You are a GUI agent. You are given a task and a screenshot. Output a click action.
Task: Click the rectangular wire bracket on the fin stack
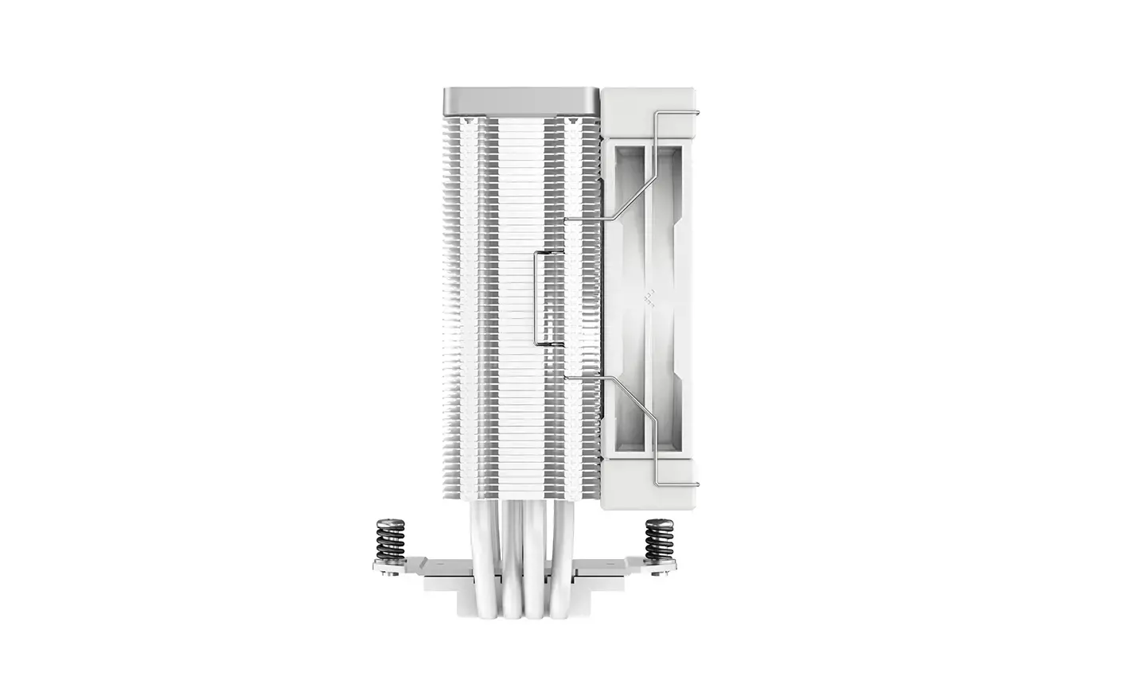tap(538, 298)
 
